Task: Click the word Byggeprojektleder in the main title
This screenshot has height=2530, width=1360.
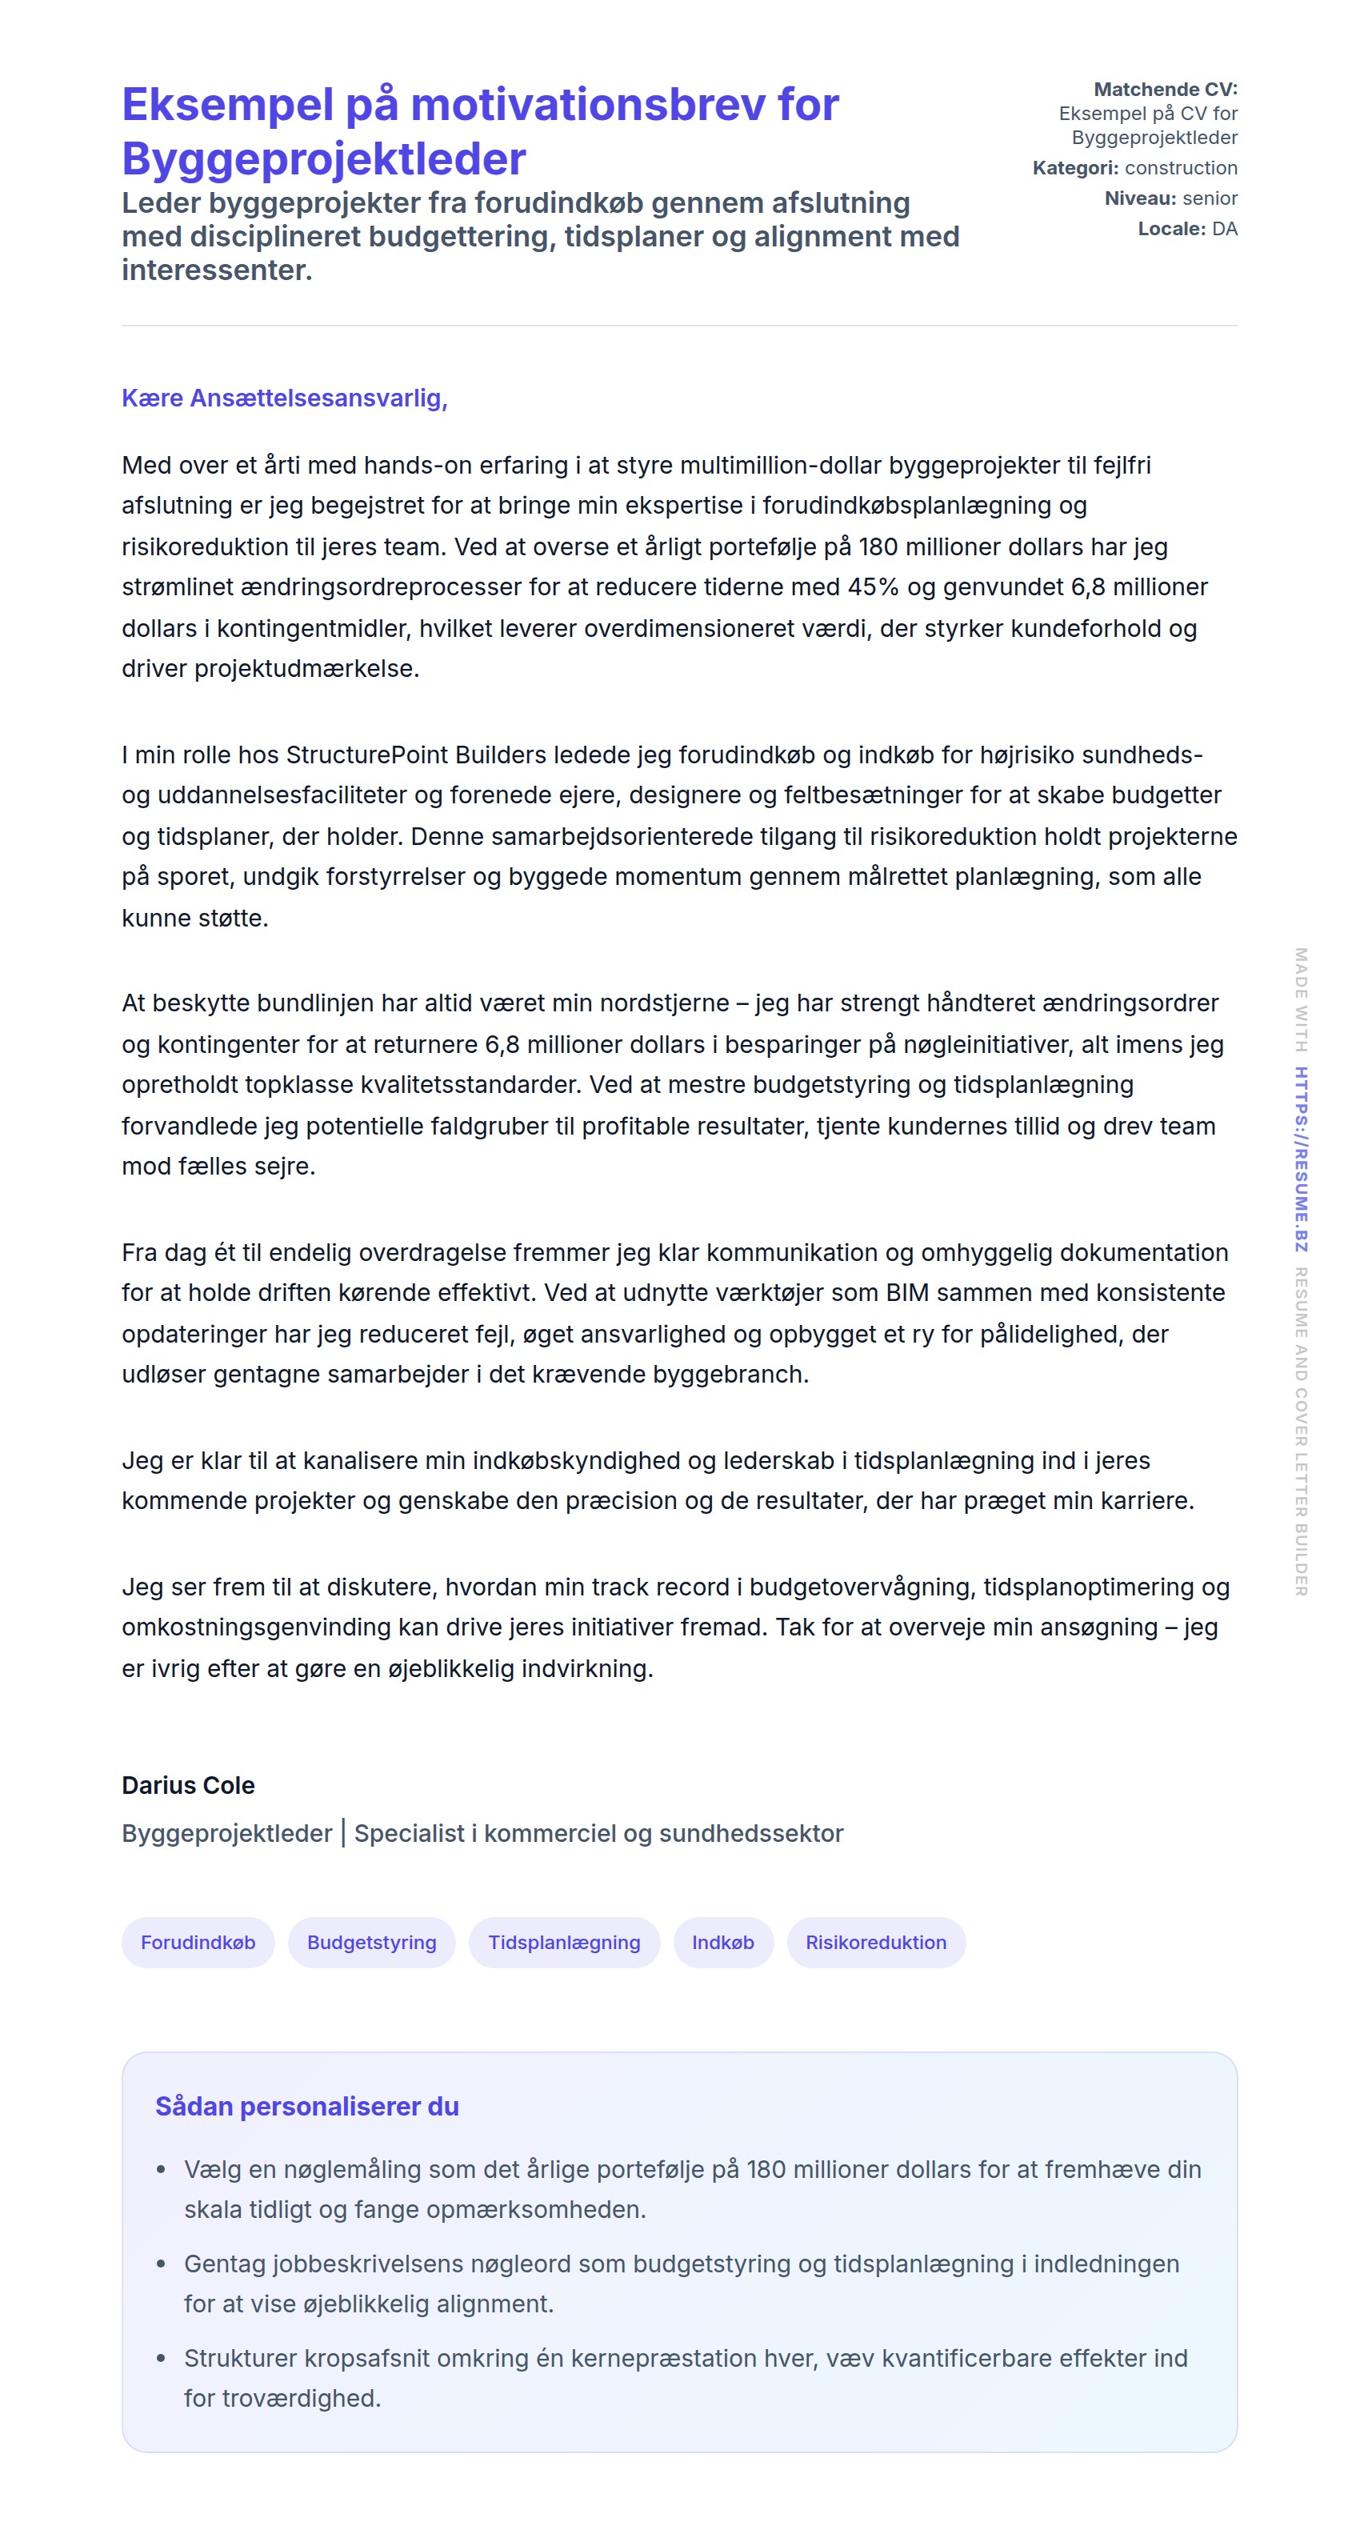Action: [323, 159]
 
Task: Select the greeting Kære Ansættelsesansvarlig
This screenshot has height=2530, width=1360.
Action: [284, 398]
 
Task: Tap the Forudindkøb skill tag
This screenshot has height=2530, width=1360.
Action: [198, 1942]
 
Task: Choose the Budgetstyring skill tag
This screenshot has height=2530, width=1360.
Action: [371, 1942]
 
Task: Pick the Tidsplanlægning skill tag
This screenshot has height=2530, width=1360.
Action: [564, 1942]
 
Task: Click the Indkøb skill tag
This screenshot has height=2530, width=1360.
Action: [722, 1942]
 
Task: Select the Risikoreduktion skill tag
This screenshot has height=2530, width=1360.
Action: [876, 1942]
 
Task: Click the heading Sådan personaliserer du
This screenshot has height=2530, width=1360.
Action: [306, 2106]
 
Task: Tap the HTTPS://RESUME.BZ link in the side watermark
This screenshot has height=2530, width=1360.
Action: [1300, 1159]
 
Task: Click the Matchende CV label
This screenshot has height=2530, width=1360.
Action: [1165, 90]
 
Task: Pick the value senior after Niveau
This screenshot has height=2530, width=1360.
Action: [1210, 198]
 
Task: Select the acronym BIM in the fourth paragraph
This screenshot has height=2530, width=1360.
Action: [906, 1292]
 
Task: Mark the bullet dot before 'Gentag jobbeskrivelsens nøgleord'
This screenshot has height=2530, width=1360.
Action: [161, 2263]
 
